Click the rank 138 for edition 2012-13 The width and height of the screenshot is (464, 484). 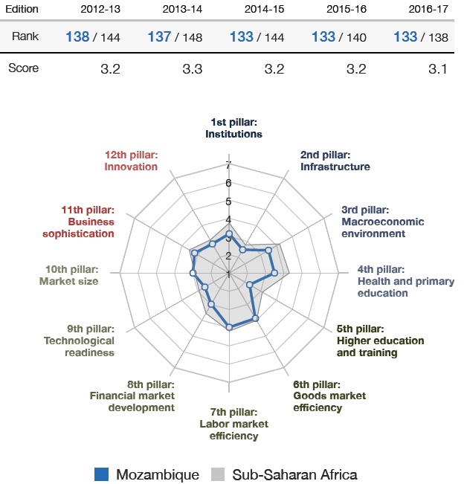click(x=77, y=37)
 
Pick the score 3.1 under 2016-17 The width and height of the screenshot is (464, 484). click(x=439, y=68)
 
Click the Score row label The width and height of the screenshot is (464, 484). click(x=23, y=68)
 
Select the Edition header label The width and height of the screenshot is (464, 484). click(x=23, y=10)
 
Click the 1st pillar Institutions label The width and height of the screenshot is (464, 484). click(x=233, y=129)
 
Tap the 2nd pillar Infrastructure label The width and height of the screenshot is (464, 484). click(x=335, y=161)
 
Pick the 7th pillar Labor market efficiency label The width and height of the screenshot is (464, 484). click(x=228, y=424)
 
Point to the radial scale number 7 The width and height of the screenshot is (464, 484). click(x=229, y=165)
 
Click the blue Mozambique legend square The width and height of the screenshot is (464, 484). click(x=103, y=474)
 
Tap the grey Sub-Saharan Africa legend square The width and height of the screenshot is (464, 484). click(x=218, y=474)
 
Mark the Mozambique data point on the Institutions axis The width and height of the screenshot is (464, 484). click(x=229, y=234)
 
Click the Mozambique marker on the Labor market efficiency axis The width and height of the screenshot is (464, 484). click(x=229, y=326)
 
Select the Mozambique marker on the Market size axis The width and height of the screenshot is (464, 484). click(x=193, y=274)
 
